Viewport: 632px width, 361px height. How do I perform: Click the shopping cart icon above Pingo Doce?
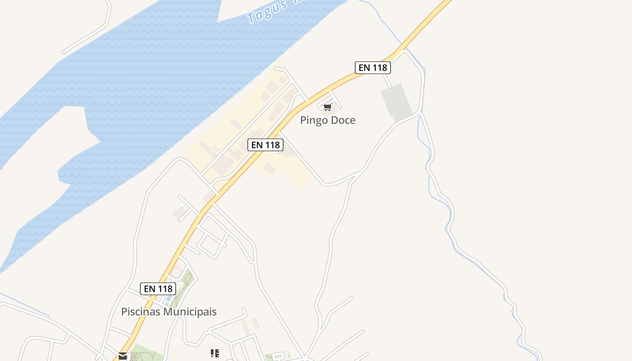(x=328, y=107)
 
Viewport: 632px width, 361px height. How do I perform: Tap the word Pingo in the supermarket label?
(x=314, y=120)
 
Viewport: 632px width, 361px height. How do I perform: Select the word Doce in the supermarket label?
(x=343, y=120)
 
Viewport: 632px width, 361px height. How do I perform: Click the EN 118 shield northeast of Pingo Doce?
(x=372, y=68)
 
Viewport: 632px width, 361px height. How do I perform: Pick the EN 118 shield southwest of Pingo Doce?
(x=265, y=145)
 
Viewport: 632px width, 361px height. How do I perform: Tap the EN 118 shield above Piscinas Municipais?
(x=158, y=289)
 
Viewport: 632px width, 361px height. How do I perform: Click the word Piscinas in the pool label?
(x=141, y=312)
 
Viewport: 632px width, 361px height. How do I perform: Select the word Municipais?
(x=190, y=312)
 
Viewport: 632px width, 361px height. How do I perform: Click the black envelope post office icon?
(x=123, y=356)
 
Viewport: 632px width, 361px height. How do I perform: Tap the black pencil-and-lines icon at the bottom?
(x=215, y=353)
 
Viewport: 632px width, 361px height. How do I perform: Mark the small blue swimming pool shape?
(x=168, y=298)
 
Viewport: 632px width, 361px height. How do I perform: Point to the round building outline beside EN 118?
(x=176, y=272)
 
